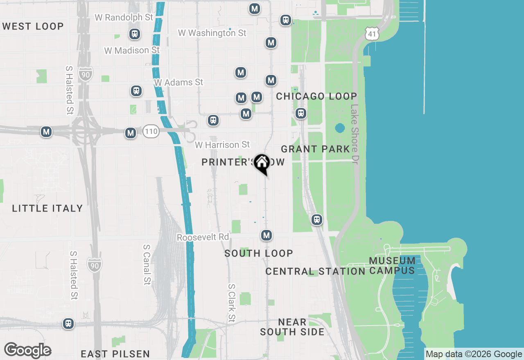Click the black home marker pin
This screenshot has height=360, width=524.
click(x=262, y=163)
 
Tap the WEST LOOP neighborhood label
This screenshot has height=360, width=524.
click(x=33, y=27)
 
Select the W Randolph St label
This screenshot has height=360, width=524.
click(x=124, y=18)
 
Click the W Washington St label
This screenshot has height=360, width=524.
click(x=212, y=33)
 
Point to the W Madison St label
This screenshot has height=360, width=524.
click(x=132, y=50)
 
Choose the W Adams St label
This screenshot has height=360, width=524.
click(x=178, y=82)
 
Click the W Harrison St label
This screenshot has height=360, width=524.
click(x=222, y=145)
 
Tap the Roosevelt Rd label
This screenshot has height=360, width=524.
click(x=203, y=237)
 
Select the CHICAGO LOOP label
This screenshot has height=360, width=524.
click(x=316, y=97)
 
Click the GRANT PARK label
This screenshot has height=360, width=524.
click(x=316, y=149)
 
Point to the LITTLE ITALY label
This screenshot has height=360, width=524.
click(x=47, y=209)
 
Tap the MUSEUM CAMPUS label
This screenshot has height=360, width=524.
click(x=392, y=265)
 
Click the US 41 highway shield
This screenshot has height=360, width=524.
click(x=372, y=34)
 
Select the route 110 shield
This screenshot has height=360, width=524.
click(x=151, y=132)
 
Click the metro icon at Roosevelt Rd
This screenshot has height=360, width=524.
click(x=267, y=235)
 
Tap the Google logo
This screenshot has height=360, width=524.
click(x=28, y=350)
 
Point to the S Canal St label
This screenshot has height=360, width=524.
click(x=147, y=265)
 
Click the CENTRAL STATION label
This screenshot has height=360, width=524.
click(x=315, y=272)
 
